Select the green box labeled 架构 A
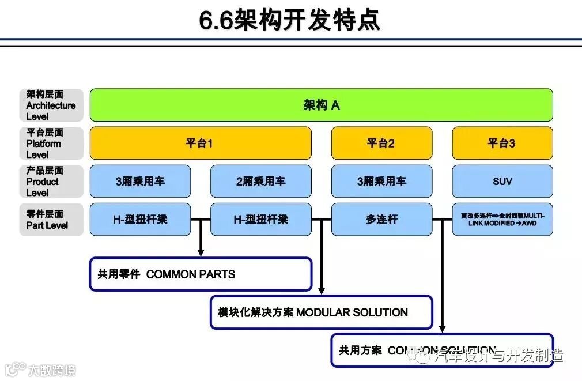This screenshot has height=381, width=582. point(321,105)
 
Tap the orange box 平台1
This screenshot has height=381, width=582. point(200,143)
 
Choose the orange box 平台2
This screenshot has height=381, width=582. point(381,143)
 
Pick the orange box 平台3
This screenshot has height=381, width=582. point(502,143)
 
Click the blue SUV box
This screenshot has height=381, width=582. point(502,181)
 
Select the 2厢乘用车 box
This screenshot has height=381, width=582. point(260,181)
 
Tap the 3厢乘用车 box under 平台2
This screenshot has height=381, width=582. point(381,181)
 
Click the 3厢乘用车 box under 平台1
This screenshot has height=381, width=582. point(140,181)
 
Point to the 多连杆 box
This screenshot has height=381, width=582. point(381,219)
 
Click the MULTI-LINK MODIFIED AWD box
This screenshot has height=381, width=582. point(502,219)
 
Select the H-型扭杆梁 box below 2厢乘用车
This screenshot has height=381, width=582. point(260,219)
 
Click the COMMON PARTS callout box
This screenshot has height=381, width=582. point(200,274)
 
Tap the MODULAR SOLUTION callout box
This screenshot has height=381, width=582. point(321,312)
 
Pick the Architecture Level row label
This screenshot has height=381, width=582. point(51,105)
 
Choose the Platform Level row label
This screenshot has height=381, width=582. point(51,143)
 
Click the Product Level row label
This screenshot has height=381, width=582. point(51,181)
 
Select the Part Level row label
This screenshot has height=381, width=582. point(51,219)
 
